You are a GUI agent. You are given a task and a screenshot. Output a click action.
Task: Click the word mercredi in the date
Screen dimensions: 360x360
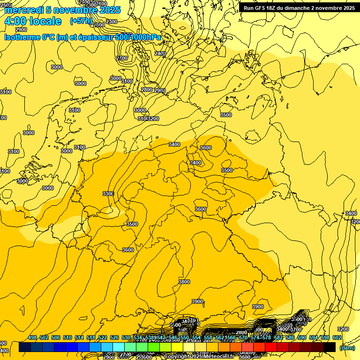pos(23,10)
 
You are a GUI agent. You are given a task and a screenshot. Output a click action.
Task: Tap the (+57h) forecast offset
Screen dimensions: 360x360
pos(81,21)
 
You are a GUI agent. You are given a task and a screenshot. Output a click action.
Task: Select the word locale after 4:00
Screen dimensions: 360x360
pos(45,21)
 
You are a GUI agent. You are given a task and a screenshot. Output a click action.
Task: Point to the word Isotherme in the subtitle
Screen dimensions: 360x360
pos(22,37)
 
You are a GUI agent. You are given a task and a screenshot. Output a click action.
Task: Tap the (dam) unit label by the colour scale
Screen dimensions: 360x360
pos(347,347)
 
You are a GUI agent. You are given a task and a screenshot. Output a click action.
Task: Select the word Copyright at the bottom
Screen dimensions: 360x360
pos(177,357)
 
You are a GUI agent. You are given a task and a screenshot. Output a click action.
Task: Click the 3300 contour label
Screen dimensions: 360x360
pos(108,194)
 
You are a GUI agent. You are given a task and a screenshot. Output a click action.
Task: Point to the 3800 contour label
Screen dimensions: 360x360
pos(184,282)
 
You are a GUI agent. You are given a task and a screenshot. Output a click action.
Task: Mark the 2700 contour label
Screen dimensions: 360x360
pos(122,58)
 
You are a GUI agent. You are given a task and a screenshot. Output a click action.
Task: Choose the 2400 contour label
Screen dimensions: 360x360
pos(160,53)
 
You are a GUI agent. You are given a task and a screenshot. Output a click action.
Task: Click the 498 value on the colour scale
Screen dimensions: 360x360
pos(32,337)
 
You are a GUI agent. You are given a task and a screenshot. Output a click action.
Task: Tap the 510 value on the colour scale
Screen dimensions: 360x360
pos(67,337)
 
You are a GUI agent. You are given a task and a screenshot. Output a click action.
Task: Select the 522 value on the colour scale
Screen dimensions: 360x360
pos(103,337)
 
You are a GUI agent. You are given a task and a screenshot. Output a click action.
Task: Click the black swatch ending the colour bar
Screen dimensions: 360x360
pos(330,347)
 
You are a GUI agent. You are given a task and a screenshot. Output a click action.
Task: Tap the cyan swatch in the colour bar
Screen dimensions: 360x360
pos(119,347)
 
